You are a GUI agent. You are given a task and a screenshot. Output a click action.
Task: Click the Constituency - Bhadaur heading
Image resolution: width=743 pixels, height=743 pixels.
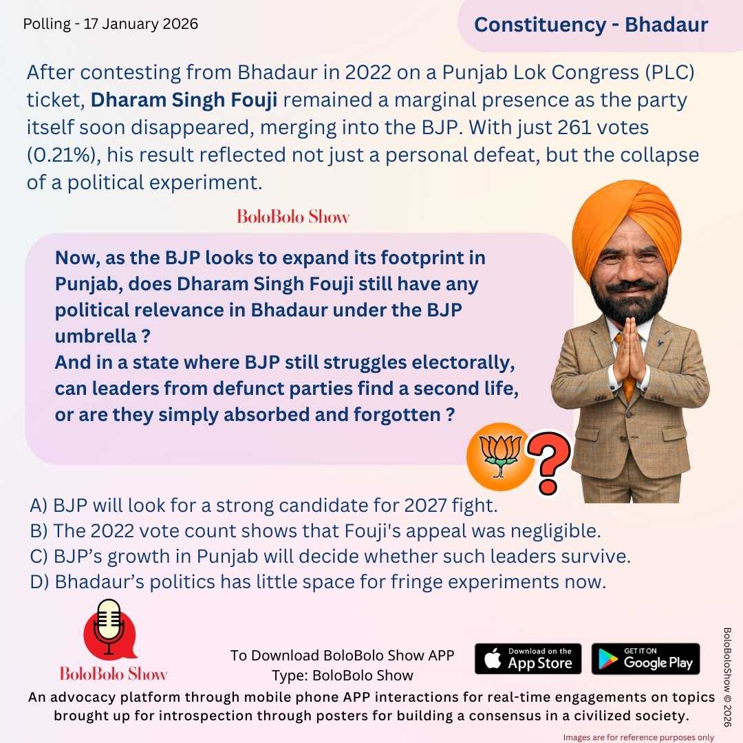[x=591, y=25]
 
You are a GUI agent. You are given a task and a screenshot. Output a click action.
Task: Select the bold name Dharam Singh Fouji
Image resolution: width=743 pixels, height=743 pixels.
[x=184, y=100]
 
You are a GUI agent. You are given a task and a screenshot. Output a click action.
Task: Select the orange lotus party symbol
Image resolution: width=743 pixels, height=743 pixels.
[x=499, y=453]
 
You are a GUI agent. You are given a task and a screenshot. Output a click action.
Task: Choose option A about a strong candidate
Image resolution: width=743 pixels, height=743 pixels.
[x=263, y=506]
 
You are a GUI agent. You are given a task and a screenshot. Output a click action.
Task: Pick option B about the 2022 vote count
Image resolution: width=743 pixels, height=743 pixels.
[x=318, y=532]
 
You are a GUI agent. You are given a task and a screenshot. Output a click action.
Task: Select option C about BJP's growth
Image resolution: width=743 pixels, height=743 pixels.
[x=330, y=557]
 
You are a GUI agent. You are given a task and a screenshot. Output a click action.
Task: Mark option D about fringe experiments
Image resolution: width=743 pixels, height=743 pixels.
[x=318, y=582]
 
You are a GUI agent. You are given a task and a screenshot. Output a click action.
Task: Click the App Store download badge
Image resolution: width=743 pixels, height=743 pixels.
[x=528, y=658]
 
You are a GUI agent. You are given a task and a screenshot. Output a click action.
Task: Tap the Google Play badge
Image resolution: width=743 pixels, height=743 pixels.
[x=645, y=658]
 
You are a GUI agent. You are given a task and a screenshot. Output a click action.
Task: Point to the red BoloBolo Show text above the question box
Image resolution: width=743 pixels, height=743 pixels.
[x=293, y=217]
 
